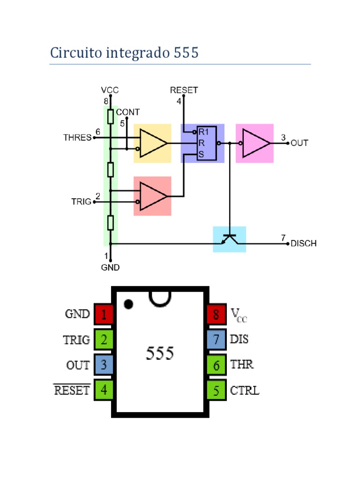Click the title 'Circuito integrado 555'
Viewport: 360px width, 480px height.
click(124, 53)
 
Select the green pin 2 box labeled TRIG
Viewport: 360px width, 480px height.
click(104, 339)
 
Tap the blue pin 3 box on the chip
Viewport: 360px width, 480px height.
click(104, 365)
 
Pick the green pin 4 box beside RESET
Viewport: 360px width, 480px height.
click(104, 390)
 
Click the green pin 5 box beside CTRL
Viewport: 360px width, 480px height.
click(216, 390)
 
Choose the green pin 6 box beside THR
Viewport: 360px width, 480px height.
click(216, 365)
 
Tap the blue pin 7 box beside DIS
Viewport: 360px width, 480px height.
click(216, 339)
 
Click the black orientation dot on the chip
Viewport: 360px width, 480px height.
click(128, 304)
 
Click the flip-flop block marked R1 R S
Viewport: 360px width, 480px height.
click(206, 143)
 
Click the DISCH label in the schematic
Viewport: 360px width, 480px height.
click(303, 243)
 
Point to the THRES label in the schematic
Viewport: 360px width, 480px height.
click(77, 138)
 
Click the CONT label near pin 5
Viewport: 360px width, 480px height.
click(127, 112)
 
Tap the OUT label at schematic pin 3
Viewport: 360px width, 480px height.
click(300, 143)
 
